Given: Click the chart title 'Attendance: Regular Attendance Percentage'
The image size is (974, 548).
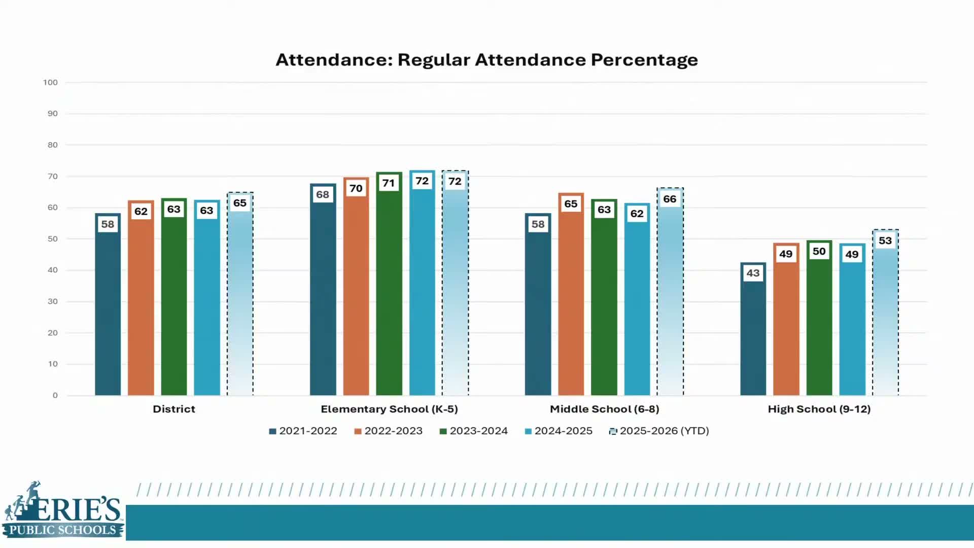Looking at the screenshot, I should click(486, 60).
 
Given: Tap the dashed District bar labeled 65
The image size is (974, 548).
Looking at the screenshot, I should click(240, 304).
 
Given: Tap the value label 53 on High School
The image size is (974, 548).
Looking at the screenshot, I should click(885, 241).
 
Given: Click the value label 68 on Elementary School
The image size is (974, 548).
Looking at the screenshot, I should click(323, 194).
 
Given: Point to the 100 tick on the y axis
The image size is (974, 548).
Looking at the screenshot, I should click(50, 82).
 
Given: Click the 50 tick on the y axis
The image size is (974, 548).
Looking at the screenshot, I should click(52, 239).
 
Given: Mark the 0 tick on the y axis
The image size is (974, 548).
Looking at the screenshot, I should click(55, 395).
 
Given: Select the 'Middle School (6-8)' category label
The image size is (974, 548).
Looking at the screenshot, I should click(604, 409).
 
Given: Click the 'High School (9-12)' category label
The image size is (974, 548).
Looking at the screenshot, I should click(819, 409).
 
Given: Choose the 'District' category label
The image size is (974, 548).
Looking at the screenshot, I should click(173, 409).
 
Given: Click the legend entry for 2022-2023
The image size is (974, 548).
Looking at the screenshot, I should click(389, 431).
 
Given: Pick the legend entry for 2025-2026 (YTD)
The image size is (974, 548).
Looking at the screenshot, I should click(659, 431).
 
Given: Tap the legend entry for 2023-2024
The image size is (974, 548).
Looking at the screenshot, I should click(474, 431).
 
